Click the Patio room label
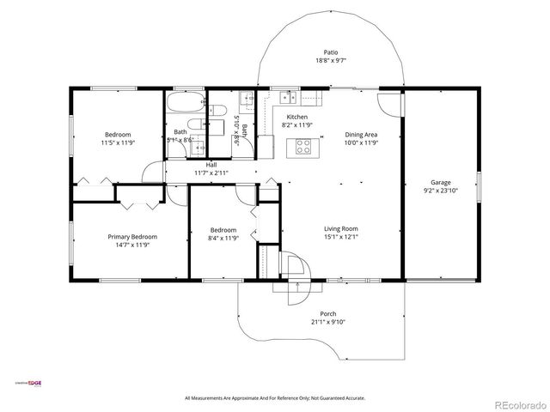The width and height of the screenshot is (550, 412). coord(330,52)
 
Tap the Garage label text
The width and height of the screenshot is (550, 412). coord(441,183)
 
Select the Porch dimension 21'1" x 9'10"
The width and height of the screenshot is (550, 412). coord(328,322)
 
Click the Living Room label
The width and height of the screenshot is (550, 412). coord(340,228)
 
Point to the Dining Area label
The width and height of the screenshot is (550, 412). coord(361,135)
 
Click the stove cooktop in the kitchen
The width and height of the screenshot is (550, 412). coord(303,146)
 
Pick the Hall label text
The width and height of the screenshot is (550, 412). coord(211,164)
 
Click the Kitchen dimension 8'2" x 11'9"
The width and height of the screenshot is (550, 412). coord(296,125)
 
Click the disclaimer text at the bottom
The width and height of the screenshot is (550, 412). coord(275,398)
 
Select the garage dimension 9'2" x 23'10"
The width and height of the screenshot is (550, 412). coord(441,191)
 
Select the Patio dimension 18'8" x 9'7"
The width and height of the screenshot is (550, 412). coord(330,61)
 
